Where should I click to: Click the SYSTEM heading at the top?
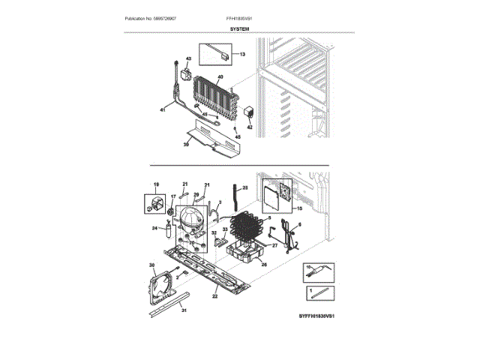(x=240, y=28)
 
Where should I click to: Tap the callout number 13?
(x=241, y=55)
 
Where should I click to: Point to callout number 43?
(x=188, y=58)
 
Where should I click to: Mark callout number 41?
(x=162, y=110)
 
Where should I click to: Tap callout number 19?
(x=157, y=184)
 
